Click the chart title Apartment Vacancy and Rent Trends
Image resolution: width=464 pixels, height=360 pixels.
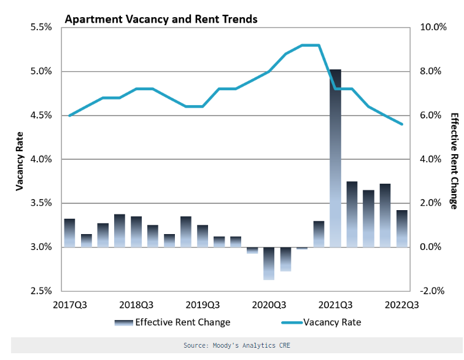pos(161,19)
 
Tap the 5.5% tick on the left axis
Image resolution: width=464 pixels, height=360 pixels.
pos(42,28)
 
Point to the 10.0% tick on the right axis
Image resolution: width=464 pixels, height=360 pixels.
pos(433,28)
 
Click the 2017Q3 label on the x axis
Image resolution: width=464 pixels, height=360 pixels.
pos(70,304)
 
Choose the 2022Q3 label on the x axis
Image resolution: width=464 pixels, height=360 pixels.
pos(403,304)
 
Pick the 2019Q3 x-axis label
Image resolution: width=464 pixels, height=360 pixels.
pos(203,304)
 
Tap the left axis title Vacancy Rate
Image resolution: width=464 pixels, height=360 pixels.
pos(20,159)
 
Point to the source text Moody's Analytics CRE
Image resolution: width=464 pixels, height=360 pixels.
pos(236,345)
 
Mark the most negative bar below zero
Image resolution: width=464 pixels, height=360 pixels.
pos(269,264)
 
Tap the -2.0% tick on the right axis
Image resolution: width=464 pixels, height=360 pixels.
pos(433,291)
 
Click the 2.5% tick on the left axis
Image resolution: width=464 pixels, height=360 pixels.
pos(42,291)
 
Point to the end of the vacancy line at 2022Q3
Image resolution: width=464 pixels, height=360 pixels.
pos(402,124)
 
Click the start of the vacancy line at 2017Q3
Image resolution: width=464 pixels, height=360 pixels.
pos(69,115)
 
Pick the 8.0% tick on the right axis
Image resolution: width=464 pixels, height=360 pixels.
pos(433,71)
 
